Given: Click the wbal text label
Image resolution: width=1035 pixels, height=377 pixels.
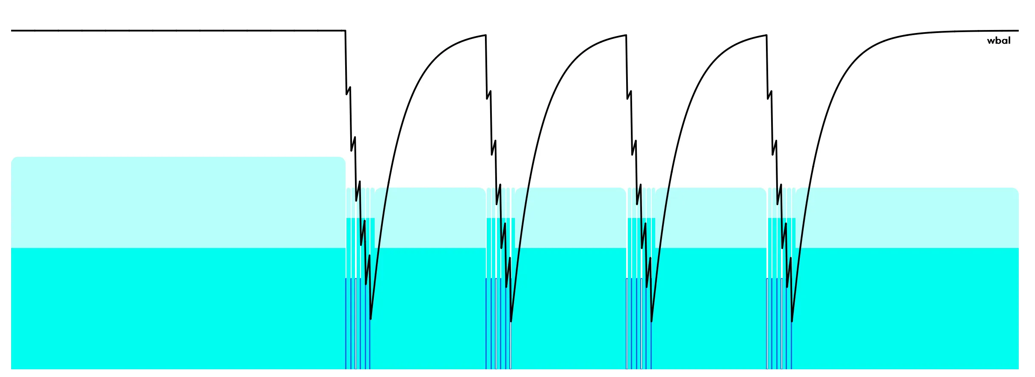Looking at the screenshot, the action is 999,41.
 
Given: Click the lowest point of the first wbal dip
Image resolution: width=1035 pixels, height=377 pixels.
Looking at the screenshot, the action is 370,319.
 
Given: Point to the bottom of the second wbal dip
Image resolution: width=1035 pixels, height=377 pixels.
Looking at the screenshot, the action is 511,321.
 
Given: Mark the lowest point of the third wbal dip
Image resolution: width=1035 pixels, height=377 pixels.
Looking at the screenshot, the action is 651,321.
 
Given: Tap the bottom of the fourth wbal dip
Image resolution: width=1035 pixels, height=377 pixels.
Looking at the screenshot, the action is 792,321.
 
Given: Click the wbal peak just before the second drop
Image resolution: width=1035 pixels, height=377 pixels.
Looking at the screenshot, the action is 485,35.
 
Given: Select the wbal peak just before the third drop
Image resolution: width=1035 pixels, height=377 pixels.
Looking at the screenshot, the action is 626,35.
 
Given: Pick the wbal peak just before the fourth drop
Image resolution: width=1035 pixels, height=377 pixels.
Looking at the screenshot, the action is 766,35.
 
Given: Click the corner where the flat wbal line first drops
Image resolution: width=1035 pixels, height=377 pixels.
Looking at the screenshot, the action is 345,31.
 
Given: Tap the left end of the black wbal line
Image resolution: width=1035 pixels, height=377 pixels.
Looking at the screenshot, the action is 12,31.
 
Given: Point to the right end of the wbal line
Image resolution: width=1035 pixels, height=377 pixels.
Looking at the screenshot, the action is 1018,31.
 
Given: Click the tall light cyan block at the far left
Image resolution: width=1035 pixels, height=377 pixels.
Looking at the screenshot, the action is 178,202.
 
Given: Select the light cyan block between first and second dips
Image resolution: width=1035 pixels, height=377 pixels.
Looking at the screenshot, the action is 430,218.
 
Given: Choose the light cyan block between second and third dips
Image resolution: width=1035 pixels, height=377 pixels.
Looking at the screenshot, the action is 571,218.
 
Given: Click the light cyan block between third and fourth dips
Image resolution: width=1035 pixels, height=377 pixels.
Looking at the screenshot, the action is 711,218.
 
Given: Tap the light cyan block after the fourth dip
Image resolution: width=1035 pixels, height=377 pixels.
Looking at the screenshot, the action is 907,218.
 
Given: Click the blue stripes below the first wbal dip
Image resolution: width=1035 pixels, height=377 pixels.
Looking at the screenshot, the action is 358,323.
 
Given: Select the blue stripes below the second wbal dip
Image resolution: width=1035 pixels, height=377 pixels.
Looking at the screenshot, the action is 498,323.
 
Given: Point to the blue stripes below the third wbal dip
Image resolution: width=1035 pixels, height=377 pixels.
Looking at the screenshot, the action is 639,323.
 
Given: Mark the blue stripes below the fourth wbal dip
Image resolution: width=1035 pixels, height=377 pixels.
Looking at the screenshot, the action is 779,323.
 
